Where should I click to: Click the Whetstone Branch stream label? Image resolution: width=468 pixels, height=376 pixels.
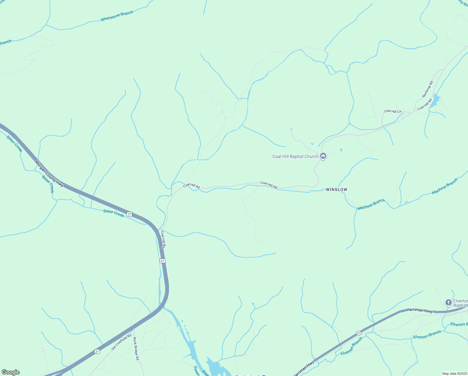pyautogui.click(x=117, y=16)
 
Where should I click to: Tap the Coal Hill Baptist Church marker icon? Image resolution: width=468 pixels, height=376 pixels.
pyautogui.click(x=323, y=156)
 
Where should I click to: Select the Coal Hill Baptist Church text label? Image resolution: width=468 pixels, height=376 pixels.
pyautogui.click(x=295, y=156)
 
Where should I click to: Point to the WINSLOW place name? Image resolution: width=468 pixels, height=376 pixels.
pyautogui.click(x=336, y=190)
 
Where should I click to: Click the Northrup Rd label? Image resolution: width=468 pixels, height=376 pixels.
pyautogui.click(x=427, y=89)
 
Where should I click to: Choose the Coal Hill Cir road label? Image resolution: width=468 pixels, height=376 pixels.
pyautogui.click(x=393, y=111)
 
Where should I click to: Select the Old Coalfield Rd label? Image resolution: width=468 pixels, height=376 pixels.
pyautogui.click(x=121, y=342)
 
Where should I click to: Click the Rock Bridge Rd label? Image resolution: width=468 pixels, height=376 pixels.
pyautogui.click(x=136, y=348)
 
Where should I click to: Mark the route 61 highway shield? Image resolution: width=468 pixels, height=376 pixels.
pyautogui.click(x=359, y=333)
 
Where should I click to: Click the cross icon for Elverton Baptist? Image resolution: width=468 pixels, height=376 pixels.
pyautogui.click(x=448, y=303)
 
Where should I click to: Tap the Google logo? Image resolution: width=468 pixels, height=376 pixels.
pyautogui.click(x=11, y=372)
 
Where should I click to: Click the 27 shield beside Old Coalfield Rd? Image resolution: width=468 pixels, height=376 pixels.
pyautogui.click(x=97, y=351)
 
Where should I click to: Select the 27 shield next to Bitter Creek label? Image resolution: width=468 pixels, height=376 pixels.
pyautogui.click(x=130, y=214)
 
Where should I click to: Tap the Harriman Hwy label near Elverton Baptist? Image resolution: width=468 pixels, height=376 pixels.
pyautogui.click(x=419, y=310)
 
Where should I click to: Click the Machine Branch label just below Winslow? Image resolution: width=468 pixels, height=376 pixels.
pyautogui.click(x=371, y=204)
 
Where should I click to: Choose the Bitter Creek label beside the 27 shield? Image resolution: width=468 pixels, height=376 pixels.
pyautogui.click(x=114, y=213)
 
